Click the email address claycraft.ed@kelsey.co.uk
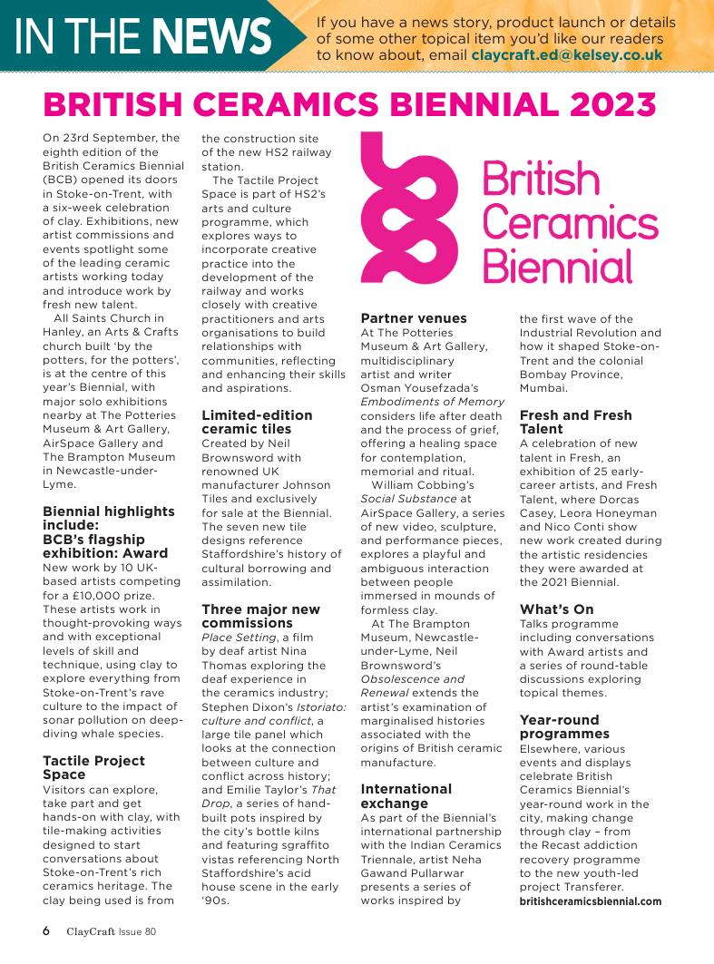click(566, 54)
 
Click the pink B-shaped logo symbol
click(401, 209)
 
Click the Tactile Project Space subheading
click(93, 767)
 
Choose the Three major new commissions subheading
click(260, 616)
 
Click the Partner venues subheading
click(414, 318)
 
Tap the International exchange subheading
click(406, 796)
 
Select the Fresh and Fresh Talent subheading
click(575, 422)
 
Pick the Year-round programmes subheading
click(564, 726)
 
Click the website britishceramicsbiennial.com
click(590, 901)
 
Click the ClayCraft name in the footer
click(94, 931)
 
